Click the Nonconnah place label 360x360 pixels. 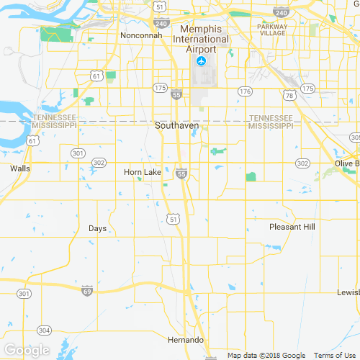pos(141,35)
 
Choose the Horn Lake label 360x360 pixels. pos(143,173)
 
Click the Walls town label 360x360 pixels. pos(20,168)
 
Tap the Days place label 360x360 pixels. pos(97,228)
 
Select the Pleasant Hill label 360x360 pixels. pos(292,227)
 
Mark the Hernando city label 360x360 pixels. pos(186,339)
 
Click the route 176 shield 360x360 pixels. pos(246,91)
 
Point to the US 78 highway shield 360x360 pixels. pos(288,95)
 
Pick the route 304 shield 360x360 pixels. pos(45,330)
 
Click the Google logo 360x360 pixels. pos(27,350)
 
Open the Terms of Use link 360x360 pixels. pos(333,355)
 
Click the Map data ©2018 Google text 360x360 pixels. pos(266,355)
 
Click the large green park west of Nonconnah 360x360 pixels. pos(52,33)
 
